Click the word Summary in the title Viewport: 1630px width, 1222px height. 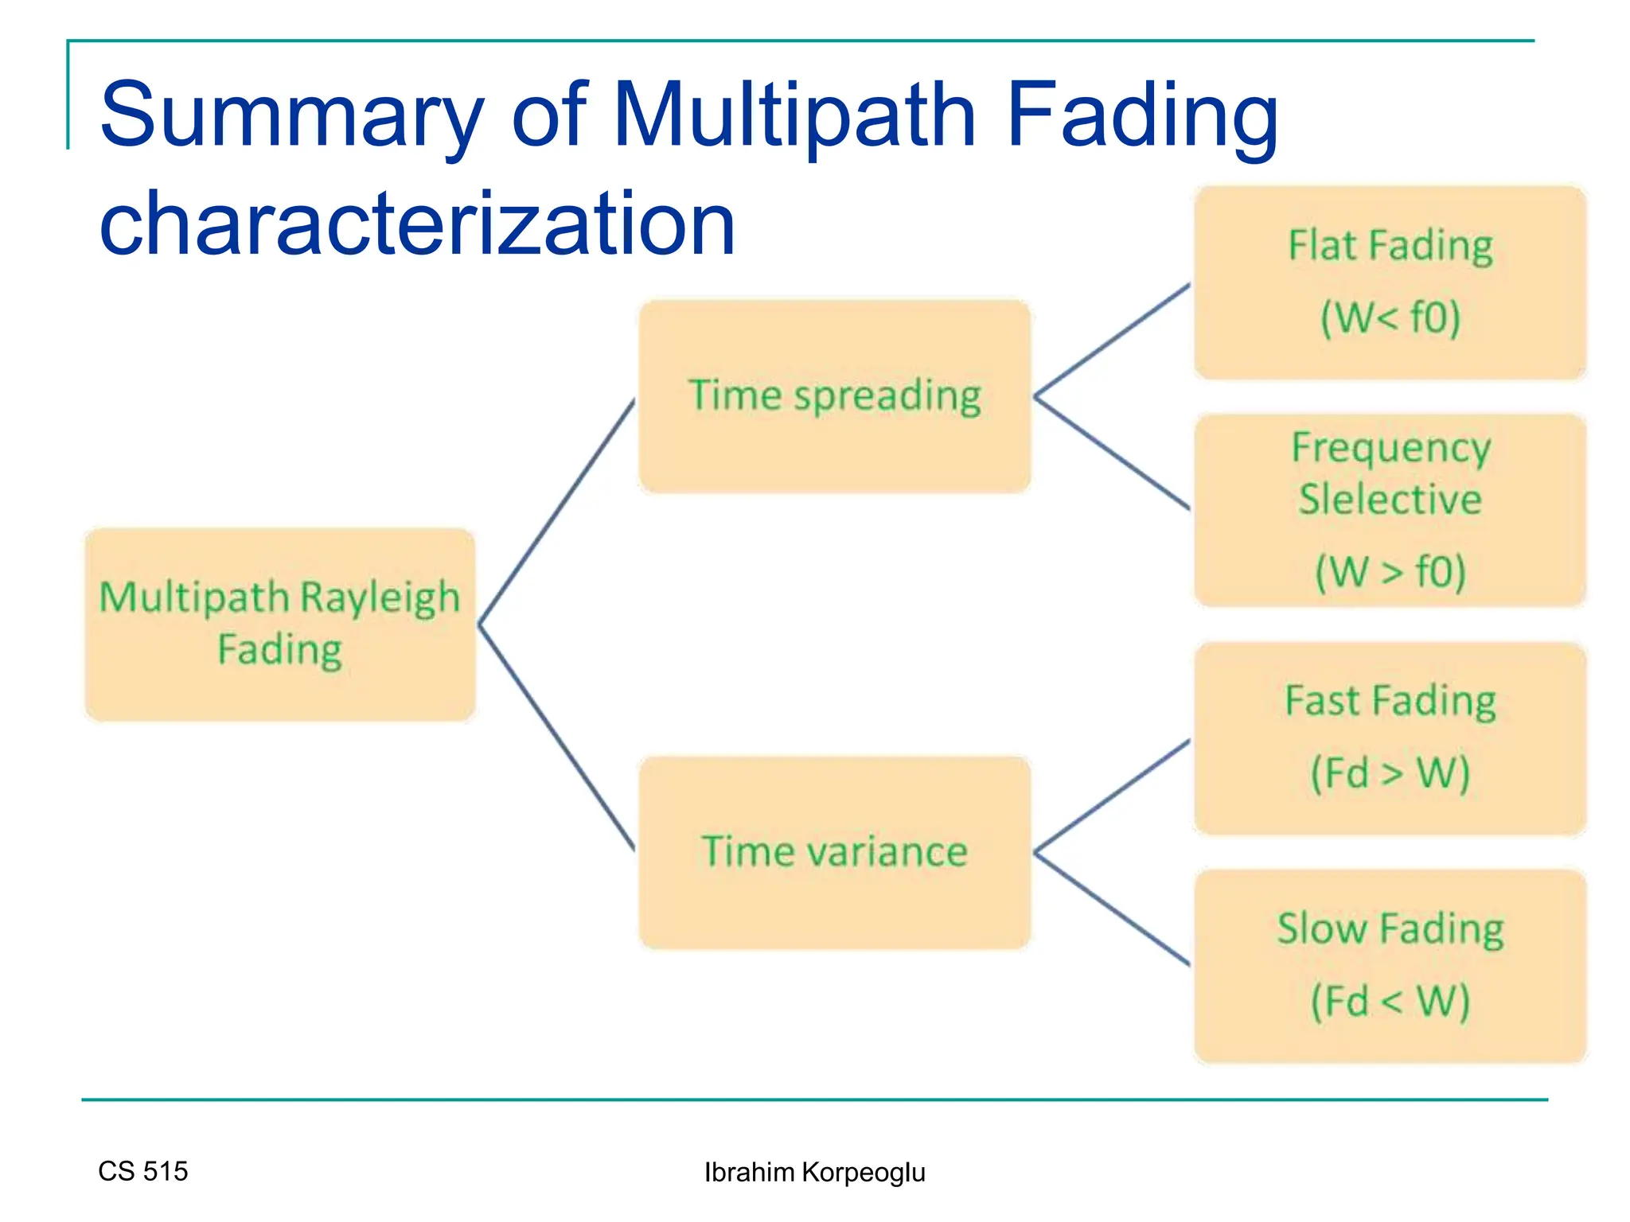click(x=291, y=115)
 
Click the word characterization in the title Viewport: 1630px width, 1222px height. click(x=417, y=224)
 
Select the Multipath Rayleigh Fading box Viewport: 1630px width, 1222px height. click(x=279, y=625)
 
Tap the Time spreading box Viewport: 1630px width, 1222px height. click(x=834, y=396)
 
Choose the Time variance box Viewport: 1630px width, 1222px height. click(x=834, y=852)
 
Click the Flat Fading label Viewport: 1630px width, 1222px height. click(x=1390, y=246)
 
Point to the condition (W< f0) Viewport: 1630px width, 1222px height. click(x=1390, y=317)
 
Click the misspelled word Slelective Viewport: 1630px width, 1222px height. click(x=1390, y=500)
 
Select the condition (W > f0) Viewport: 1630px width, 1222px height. click(x=1390, y=571)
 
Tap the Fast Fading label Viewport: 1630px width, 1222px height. click(x=1390, y=701)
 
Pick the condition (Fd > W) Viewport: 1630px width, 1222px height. click(x=1390, y=773)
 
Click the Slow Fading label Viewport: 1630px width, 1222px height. click(x=1390, y=928)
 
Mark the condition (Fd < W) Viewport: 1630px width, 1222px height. click(x=1390, y=1001)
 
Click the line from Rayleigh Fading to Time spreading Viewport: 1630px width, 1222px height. click(x=557, y=511)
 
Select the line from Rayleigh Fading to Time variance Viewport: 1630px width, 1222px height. click(x=557, y=737)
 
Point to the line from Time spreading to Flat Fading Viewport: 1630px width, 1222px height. click(x=1113, y=341)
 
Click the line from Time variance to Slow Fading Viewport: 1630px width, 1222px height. click(x=1113, y=909)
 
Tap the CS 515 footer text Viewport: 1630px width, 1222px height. click(x=142, y=1171)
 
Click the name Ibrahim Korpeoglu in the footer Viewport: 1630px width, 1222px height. click(x=814, y=1173)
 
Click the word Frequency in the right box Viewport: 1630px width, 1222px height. click(x=1390, y=448)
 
